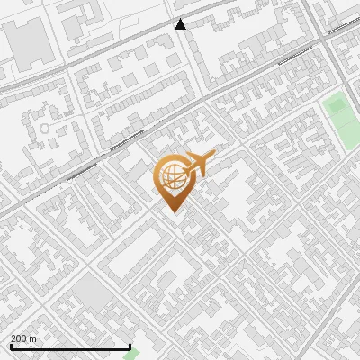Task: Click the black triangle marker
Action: [x=180, y=24]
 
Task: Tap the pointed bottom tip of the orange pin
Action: [x=172, y=212]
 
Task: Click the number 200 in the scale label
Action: [x=20, y=339]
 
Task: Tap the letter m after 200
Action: [x=34, y=339]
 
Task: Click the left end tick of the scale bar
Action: [x=11, y=346]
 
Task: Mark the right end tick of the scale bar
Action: [x=130, y=346]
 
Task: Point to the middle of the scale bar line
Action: [x=70, y=347]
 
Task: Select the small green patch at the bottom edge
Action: [x=132, y=355]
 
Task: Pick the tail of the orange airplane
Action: [x=184, y=162]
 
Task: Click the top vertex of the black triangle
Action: [x=180, y=19]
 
